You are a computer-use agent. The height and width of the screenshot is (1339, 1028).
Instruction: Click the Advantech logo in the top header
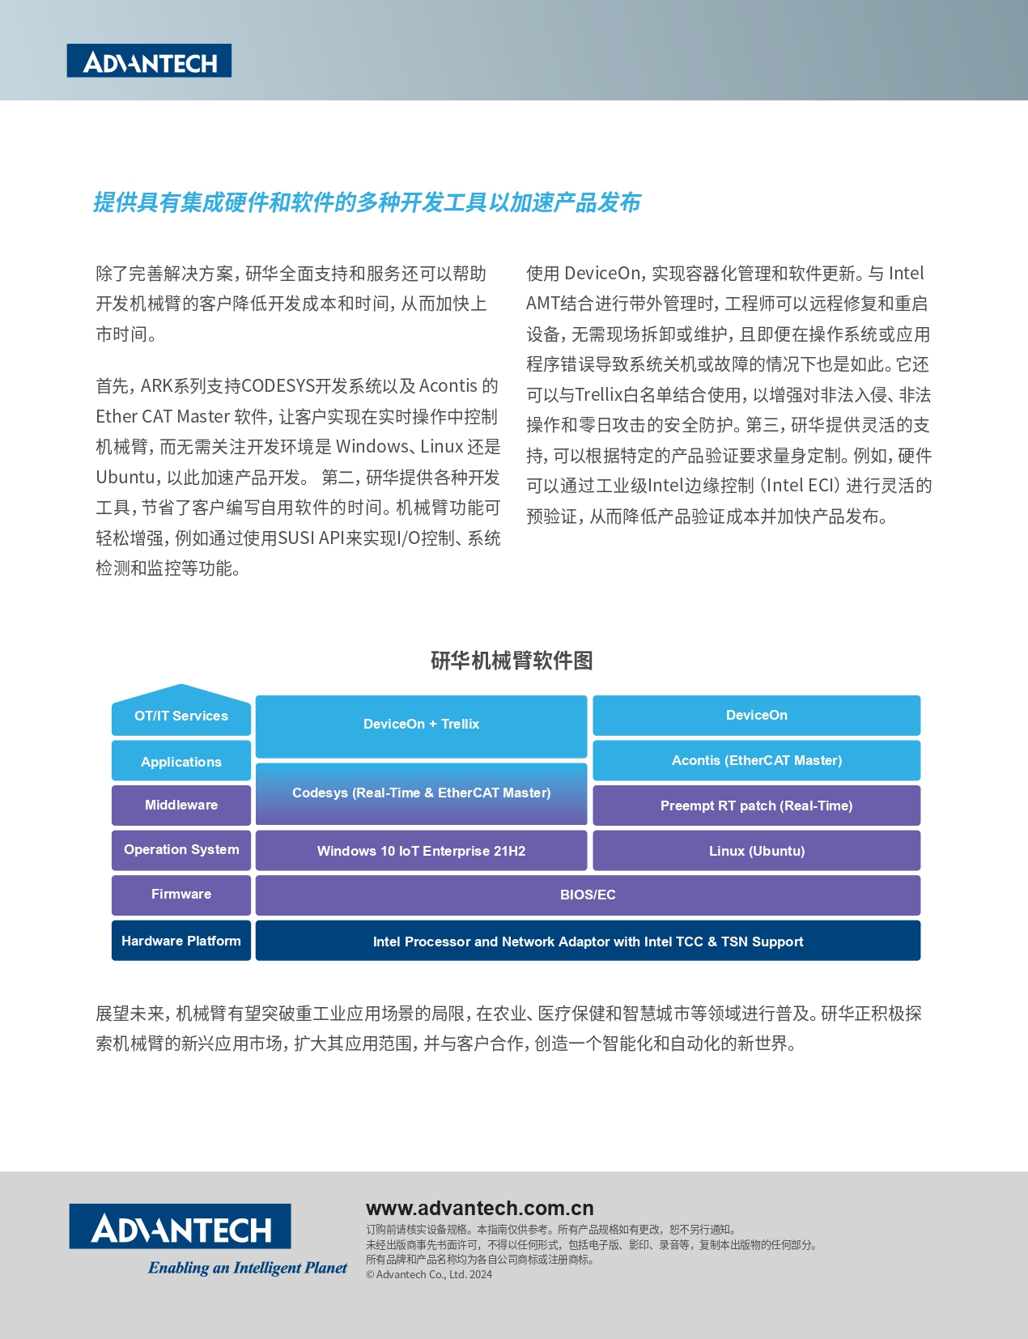pyautogui.click(x=149, y=61)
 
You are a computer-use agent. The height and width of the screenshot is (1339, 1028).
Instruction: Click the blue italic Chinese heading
pyautogui.click(x=367, y=202)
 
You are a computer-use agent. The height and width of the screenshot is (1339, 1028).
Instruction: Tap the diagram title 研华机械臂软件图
pyautogui.click(x=512, y=661)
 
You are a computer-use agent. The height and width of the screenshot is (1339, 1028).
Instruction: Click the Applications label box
pyautogui.click(x=181, y=762)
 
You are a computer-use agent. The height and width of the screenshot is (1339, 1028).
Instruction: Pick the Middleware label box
pyautogui.click(x=181, y=805)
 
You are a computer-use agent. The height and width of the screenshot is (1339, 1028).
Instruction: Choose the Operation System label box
pyautogui.click(x=181, y=850)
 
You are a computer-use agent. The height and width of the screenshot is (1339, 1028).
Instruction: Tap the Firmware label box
pyautogui.click(x=181, y=895)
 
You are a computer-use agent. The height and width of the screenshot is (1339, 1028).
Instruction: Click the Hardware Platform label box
pyautogui.click(x=181, y=941)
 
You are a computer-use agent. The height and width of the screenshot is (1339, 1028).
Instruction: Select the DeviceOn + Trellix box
pyautogui.click(x=421, y=725)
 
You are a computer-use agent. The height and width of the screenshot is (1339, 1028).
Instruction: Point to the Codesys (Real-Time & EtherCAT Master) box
pyautogui.click(x=421, y=793)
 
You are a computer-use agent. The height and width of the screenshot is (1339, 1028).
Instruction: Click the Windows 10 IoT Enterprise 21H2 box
pyautogui.click(x=421, y=851)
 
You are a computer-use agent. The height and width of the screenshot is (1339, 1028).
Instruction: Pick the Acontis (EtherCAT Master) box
pyautogui.click(x=757, y=761)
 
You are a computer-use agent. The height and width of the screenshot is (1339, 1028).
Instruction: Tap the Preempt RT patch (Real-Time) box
pyautogui.click(x=757, y=806)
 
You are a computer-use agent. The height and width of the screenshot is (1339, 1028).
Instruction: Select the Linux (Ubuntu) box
pyautogui.click(x=757, y=851)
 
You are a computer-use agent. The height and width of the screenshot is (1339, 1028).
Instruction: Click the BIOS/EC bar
pyautogui.click(x=588, y=895)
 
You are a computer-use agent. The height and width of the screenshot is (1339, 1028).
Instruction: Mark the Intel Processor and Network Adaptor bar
pyautogui.click(x=588, y=942)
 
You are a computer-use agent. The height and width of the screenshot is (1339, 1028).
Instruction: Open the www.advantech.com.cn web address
pyautogui.click(x=480, y=1209)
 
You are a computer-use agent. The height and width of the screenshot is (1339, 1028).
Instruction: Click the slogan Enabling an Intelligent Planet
pyautogui.click(x=248, y=1268)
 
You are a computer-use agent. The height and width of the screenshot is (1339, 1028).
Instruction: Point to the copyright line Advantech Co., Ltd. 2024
pyautogui.click(x=430, y=1275)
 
